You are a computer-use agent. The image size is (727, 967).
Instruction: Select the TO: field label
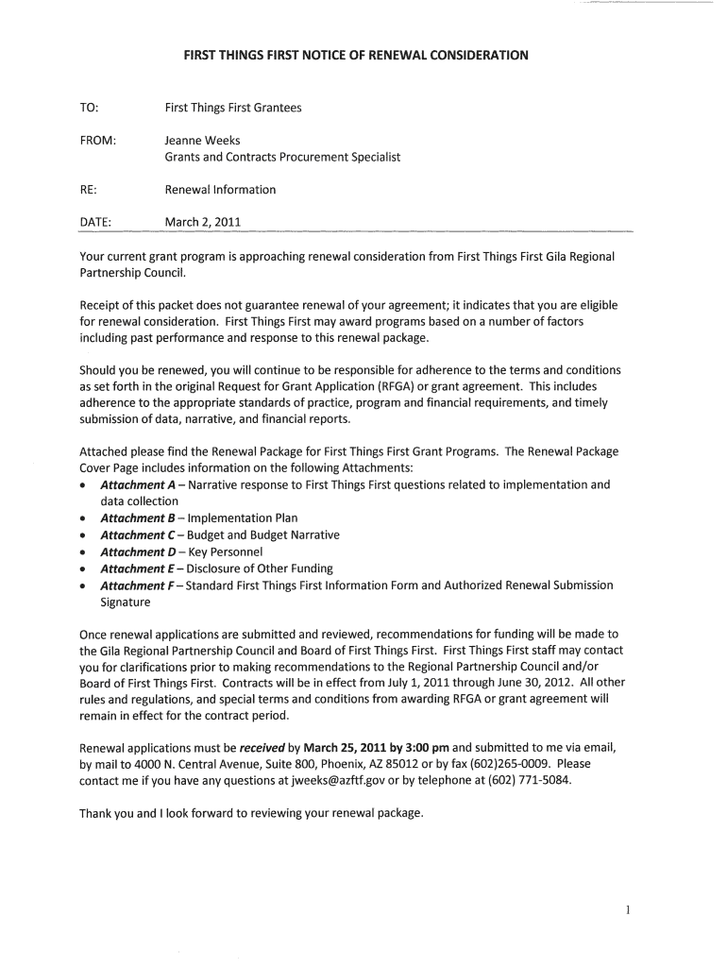91,109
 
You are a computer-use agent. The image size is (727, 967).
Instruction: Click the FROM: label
99,141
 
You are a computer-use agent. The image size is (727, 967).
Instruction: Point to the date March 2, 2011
203,223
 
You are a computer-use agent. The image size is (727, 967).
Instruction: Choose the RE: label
90,190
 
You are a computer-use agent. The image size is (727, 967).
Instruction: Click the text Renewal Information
220,190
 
